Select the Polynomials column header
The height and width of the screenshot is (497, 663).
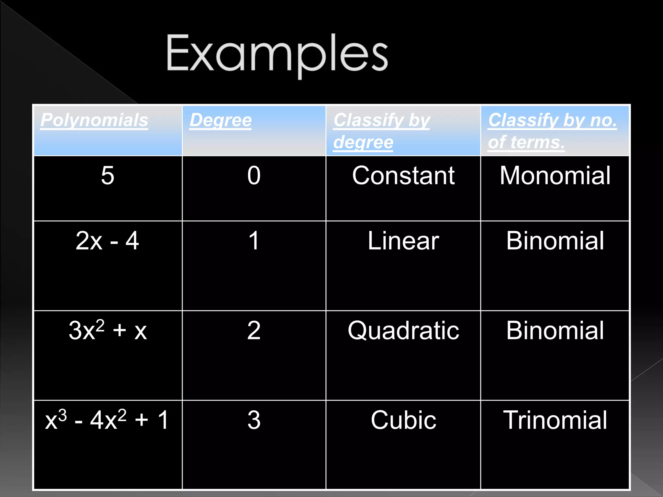[94, 120]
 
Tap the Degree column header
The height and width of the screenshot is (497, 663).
[220, 120]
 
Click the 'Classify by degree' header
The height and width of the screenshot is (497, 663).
[381, 131]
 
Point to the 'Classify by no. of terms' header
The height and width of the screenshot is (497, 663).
[552, 131]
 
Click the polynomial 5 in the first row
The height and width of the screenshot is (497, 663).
[107, 175]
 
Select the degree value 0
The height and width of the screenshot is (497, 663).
[254, 175]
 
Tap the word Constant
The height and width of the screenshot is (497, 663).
[403, 175]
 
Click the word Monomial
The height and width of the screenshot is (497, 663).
[555, 175]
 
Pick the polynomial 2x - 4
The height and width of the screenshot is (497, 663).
[107, 241]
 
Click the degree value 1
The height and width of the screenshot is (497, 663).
[254, 241]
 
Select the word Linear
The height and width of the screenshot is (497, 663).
[403, 241]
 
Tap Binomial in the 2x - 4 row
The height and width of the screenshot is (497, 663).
[555, 241]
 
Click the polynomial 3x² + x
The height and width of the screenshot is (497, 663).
[107, 330]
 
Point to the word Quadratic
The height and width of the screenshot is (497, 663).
[403, 330]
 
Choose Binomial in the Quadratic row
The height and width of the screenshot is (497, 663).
[555, 330]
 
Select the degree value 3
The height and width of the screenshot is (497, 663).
[254, 420]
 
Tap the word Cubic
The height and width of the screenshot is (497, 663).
[403, 420]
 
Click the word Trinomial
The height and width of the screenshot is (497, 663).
[555, 420]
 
